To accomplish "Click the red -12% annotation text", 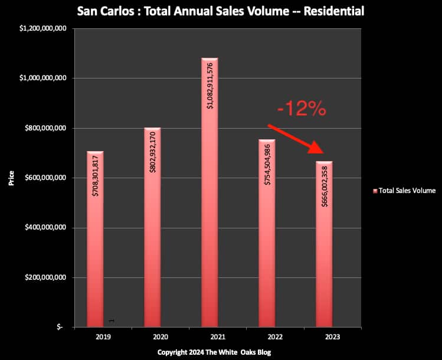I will tap(302, 109).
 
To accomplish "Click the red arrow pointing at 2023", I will tap(298, 140).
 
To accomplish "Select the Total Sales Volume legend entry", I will tap(403, 191).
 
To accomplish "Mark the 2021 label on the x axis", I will tap(209, 337).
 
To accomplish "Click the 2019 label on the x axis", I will tap(96, 337).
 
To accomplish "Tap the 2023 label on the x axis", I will tap(323, 337).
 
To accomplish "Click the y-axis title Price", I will tap(11, 178).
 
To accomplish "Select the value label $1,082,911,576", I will tap(209, 92).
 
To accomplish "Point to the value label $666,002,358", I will tap(323, 192).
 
